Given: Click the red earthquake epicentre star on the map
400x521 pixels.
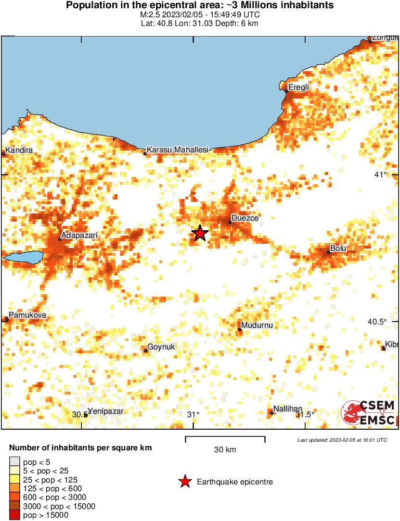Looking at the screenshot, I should point(200,234).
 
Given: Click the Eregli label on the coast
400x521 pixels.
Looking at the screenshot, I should point(298,87).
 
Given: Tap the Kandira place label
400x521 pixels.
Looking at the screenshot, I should point(19,150).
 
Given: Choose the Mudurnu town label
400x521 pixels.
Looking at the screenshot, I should point(257,325).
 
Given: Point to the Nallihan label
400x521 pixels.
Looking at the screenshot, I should point(288,409).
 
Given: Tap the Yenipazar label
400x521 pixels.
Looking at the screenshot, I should point(105,411).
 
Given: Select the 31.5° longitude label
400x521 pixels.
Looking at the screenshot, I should point(305,414).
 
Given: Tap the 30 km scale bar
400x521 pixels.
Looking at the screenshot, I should point(225,437).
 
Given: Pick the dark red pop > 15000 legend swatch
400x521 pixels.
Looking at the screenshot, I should point(15,515).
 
